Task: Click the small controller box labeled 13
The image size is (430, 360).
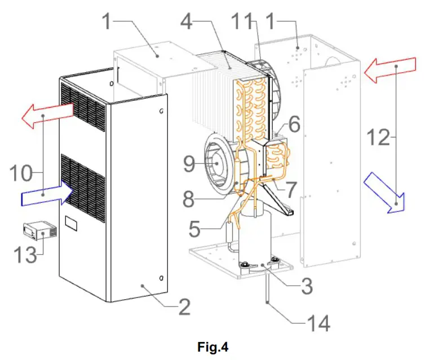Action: (x=39, y=231)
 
